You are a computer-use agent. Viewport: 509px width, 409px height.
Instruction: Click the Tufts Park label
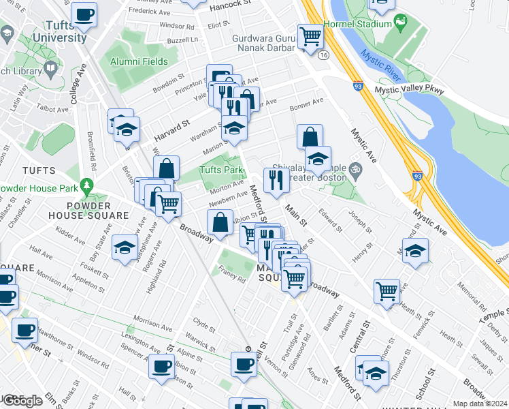[220, 170]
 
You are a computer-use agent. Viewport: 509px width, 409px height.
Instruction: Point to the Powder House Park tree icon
[86, 185]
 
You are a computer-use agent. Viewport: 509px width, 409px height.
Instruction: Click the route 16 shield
[323, 55]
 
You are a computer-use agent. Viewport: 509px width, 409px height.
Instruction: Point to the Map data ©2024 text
[480, 404]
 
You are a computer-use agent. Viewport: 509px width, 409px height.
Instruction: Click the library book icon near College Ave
[50, 68]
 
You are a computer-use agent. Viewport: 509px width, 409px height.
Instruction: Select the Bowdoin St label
[169, 86]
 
